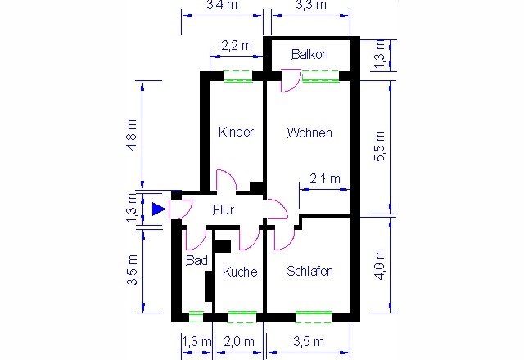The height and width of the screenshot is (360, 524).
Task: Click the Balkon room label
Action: [309, 54]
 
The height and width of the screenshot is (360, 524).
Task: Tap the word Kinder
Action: [236, 132]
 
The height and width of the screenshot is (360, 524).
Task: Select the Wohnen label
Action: [309, 133]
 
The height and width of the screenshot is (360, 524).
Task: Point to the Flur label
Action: [224, 209]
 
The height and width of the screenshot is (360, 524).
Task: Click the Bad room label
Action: [196, 260]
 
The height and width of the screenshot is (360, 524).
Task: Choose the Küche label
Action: [240, 272]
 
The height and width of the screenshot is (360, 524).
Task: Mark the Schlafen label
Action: [309, 271]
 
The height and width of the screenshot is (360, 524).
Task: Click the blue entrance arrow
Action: [158, 209]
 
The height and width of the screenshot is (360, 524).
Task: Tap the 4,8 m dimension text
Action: [133, 135]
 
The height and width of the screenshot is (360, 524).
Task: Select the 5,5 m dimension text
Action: [379, 146]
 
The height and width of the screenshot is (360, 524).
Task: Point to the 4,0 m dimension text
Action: [379, 264]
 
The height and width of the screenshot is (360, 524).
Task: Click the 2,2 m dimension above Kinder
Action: [237, 46]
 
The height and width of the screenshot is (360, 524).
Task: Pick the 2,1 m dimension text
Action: [325, 179]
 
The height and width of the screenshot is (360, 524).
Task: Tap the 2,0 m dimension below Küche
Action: [239, 341]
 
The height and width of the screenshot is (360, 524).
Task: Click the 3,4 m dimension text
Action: [222, 5]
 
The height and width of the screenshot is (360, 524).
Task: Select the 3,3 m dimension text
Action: [311, 5]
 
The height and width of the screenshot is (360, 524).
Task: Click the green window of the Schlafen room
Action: [314, 317]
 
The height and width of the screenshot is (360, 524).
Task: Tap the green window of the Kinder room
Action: [237, 76]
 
